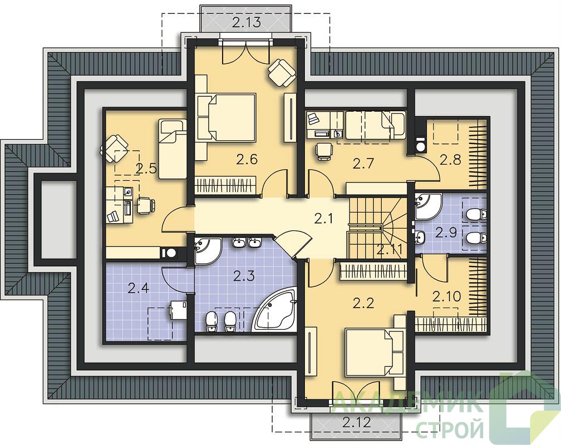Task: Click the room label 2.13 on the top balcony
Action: click(246, 23)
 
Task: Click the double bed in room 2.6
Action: click(226, 117)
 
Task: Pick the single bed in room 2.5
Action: click(173, 149)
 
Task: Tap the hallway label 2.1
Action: click(323, 218)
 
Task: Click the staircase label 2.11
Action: click(390, 249)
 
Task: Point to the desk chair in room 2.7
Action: click(324, 151)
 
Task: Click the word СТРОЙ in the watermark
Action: click(451, 427)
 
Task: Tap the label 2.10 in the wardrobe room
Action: click(446, 296)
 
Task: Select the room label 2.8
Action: click(450, 160)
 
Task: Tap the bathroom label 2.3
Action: click(244, 276)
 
